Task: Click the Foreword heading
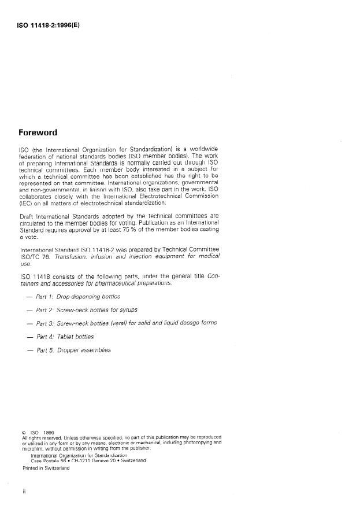[38, 132]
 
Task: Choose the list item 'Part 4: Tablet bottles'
[65, 337]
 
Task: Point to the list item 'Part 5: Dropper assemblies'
[73, 350]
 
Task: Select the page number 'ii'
[23, 493]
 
